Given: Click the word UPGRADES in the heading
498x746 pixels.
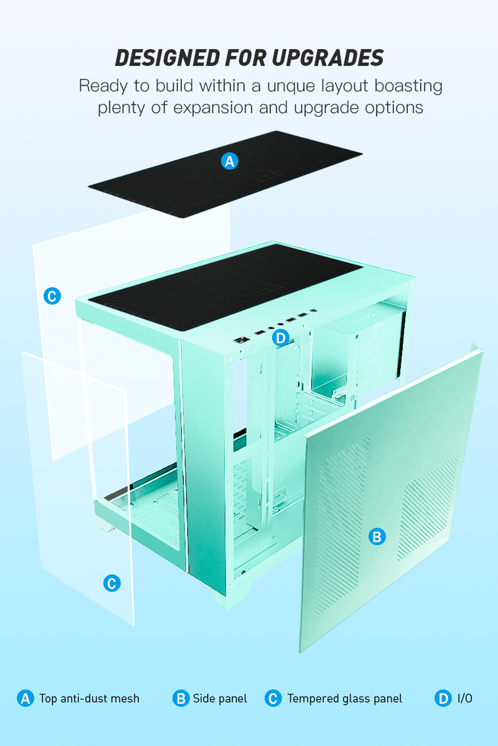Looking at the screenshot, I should coord(328,58).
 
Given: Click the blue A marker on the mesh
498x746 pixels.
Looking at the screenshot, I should coord(229,161).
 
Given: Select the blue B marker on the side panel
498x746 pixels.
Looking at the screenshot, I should coord(377,536).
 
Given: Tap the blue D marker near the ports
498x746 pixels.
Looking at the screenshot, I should coord(281,338).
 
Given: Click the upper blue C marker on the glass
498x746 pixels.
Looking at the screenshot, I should coord(52,296).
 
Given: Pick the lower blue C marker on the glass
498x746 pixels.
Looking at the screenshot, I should coord(112,583).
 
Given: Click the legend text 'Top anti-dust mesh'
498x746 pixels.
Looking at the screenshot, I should coord(89,699).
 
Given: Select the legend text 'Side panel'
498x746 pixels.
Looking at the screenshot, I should coord(220,699).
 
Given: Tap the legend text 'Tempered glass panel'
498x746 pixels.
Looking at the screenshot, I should coord(345,699).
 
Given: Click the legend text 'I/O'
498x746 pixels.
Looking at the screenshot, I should coord(465,699).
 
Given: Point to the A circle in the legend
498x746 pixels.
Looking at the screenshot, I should coord(25,699).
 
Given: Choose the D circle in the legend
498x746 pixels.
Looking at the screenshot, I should coord(443,699).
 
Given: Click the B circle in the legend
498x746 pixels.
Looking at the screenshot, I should coord(181,699).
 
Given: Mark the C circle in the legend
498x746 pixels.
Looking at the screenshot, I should coord(273,699).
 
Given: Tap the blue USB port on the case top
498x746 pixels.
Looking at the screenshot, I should coord(302,315).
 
